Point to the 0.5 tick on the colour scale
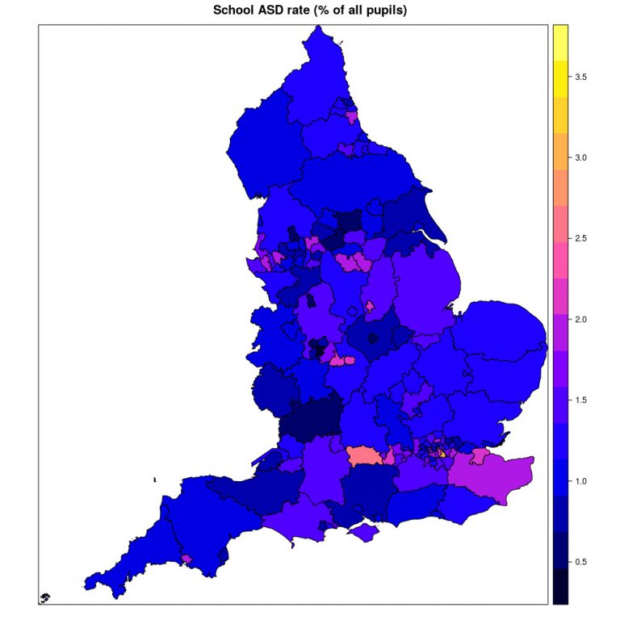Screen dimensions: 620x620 [580, 562]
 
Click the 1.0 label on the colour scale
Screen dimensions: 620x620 [580, 481]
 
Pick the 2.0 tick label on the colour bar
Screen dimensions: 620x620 [580, 320]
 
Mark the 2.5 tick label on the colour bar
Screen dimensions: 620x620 [580, 238]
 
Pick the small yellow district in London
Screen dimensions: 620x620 [442, 454]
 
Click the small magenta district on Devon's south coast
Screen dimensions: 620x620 [186, 558]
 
